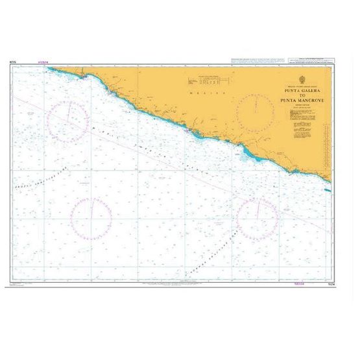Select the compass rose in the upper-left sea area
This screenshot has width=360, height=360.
tap(68, 121)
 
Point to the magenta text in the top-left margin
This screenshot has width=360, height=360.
tap(43, 64)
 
